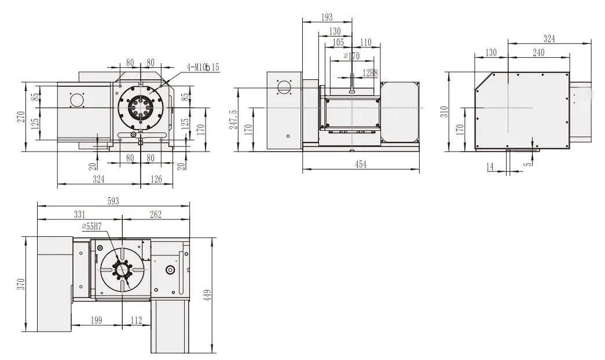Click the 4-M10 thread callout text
[x=203, y=67]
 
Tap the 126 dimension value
[x=156, y=180]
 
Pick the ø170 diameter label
[x=351, y=56]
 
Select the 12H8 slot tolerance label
[x=370, y=73]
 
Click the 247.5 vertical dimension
[x=234, y=120]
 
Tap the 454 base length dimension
[x=360, y=164]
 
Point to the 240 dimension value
[x=539, y=52]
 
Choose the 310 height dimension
[x=445, y=111]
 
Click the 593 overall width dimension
[x=113, y=201]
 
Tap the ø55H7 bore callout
[x=93, y=226]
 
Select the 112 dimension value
[x=137, y=320]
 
